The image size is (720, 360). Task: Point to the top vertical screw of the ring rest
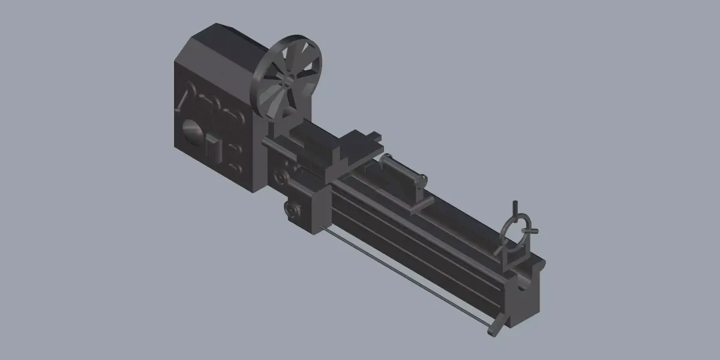[x=515, y=210]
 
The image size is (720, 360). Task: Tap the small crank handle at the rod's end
[x=495, y=329]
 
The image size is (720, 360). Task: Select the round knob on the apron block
[x=292, y=210]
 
